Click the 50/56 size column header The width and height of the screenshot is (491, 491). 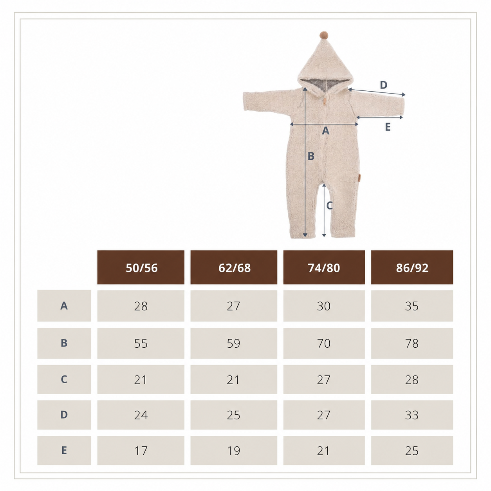click(x=141, y=267)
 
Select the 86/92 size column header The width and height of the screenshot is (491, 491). click(x=412, y=267)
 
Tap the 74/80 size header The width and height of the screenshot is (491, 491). click(x=324, y=267)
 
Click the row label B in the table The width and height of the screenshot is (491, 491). click(x=64, y=343)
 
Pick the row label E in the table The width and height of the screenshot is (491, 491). click(x=64, y=450)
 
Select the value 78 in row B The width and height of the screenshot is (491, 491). click(x=412, y=343)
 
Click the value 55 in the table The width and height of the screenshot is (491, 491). click(x=141, y=343)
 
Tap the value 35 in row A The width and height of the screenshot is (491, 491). click(x=412, y=306)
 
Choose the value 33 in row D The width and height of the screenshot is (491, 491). click(x=412, y=415)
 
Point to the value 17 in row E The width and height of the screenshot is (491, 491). click(x=141, y=451)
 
